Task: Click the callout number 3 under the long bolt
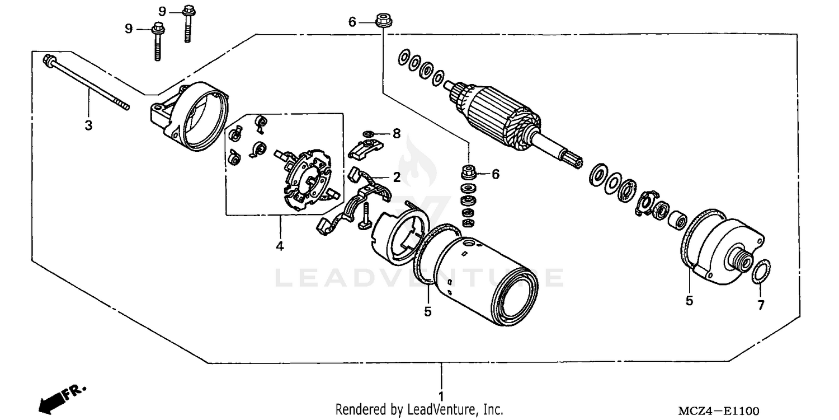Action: [x=88, y=125]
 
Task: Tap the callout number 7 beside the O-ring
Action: [x=761, y=305]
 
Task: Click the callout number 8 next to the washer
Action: [x=396, y=133]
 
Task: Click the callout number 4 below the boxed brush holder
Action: [x=280, y=245]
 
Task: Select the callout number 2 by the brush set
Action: [x=396, y=178]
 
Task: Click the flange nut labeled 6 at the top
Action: [x=383, y=20]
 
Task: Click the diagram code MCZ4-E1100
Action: [x=719, y=411]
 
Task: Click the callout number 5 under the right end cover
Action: [x=689, y=301]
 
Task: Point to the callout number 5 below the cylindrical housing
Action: [x=428, y=312]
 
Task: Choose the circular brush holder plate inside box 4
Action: [x=308, y=178]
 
